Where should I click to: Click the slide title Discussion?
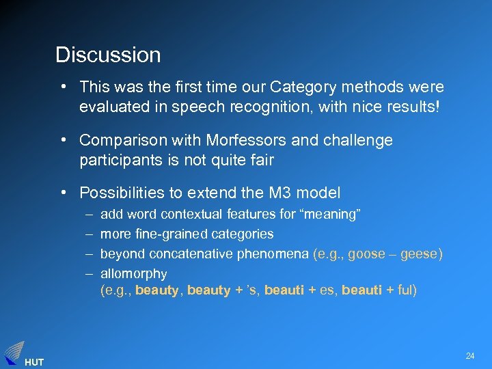(x=108, y=55)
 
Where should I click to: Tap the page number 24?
(x=470, y=356)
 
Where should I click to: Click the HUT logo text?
(x=33, y=362)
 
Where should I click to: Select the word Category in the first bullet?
(x=300, y=87)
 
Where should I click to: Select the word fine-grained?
(x=171, y=234)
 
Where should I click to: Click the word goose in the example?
(x=366, y=254)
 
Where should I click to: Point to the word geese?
(x=420, y=254)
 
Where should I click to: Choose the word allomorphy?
(x=134, y=273)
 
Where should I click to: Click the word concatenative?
(x=187, y=254)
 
